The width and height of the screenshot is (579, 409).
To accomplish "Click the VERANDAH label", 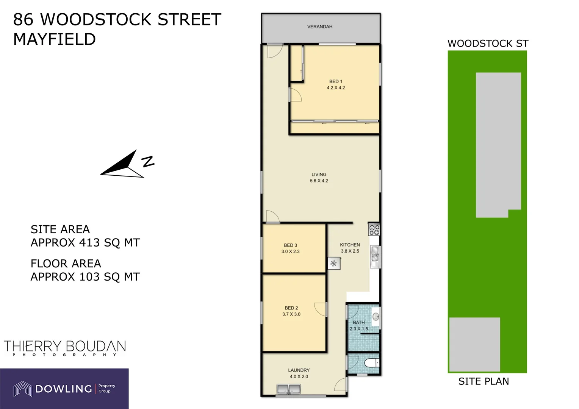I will pyautogui.click(x=319, y=27).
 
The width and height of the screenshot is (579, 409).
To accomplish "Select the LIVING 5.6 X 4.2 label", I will pyautogui.click(x=319, y=178).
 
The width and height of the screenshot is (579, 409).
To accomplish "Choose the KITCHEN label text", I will pyautogui.click(x=350, y=245).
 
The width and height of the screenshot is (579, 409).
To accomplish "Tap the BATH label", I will pyautogui.click(x=359, y=323).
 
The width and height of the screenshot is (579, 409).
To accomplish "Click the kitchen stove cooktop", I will pyautogui.click(x=374, y=229).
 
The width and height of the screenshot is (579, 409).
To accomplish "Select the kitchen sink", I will pyautogui.click(x=375, y=254).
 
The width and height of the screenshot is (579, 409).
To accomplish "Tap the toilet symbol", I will pyautogui.click(x=371, y=363).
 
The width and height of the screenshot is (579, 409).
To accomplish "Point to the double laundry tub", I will pyautogui.click(x=288, y=389).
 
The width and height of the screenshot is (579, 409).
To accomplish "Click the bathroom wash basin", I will pyautogui.click(x=376, y=317).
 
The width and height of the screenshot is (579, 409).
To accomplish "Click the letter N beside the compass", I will pyautogui.click(x=148, y=161).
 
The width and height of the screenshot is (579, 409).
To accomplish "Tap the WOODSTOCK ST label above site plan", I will pyautogui.click(x=488, y=44).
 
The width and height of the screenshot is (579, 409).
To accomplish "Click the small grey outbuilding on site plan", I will pyautogui.click(x=474, y=344).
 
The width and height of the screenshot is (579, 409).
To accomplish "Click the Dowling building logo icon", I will pyautogui.click(x=23, y=389).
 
